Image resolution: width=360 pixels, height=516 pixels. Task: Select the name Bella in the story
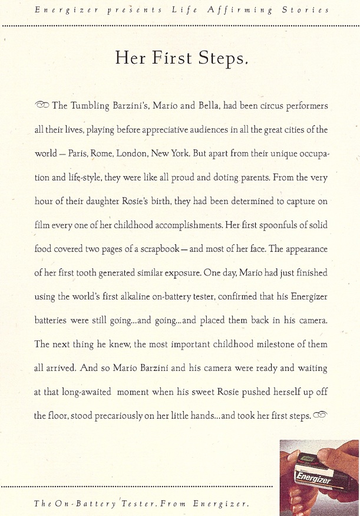pyautogui.click(x=200, y=106)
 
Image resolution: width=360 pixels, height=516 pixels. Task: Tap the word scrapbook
pyautogui.click(x=153, y=249)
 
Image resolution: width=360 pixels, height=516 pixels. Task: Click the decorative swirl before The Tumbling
pyautogui.click(x=42, y=106)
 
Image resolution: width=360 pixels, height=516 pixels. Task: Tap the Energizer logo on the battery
pyautogui.click(x=314, y=481)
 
